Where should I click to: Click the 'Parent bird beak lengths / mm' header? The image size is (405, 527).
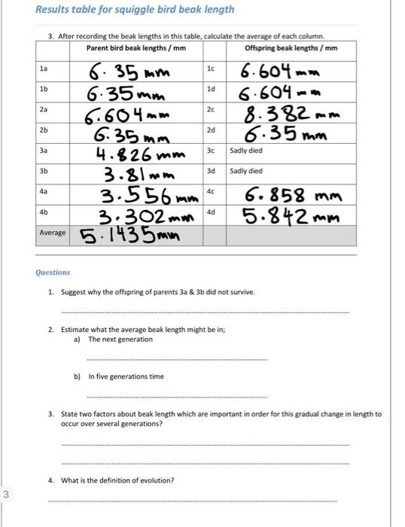136,48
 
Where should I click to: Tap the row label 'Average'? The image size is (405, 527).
53,233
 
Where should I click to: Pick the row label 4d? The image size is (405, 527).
211,212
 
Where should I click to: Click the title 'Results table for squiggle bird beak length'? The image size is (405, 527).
136,10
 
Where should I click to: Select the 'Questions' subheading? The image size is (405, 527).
53,272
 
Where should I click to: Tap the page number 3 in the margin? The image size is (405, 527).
5,494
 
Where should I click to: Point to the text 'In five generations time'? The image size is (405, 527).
126,376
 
